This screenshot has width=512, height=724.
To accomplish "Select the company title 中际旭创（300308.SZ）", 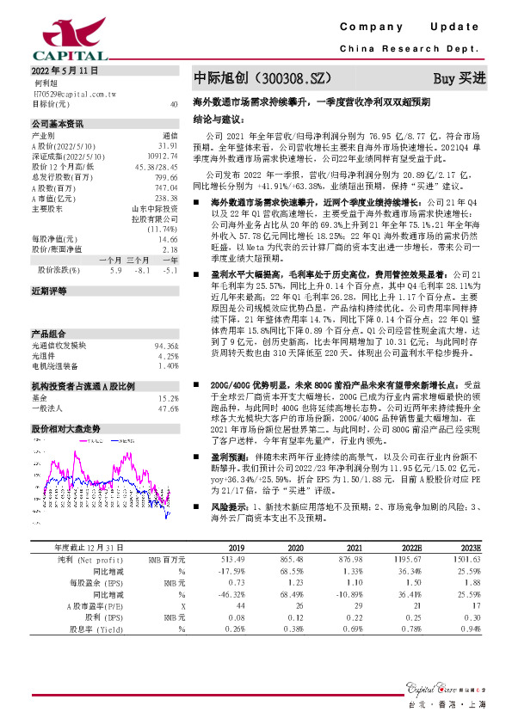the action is pyautogui.click(x=262, y=77).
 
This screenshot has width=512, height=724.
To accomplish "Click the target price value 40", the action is pyautogui.click(x=174, y=103).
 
